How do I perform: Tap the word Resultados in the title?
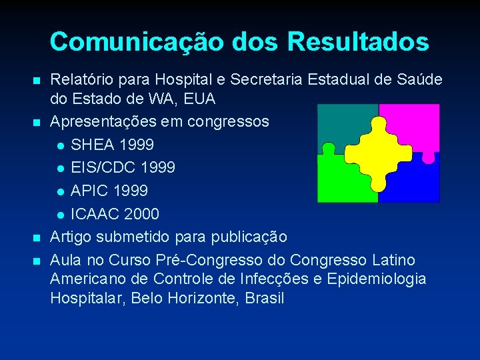[x=358, y=42]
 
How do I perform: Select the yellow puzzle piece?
[x=378, y=153]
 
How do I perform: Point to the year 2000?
[x=141, y=214]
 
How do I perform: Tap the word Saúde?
[x=417, y=81]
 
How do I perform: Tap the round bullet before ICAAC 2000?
[x=61, y=215]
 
